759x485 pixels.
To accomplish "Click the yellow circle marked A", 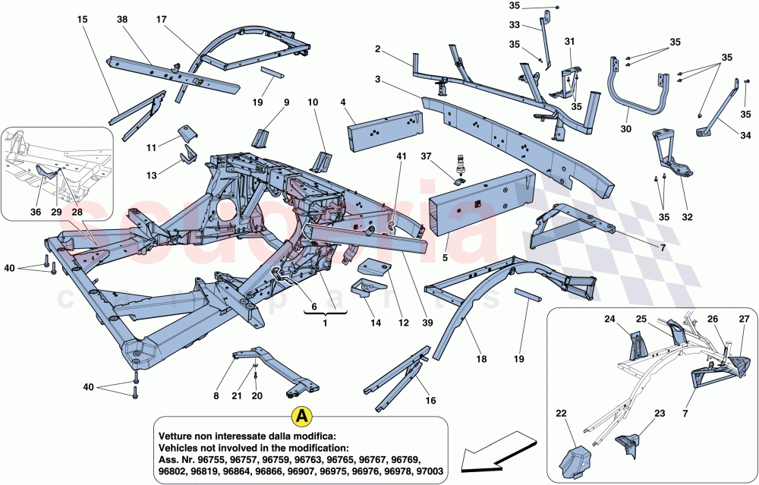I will tap(301, 416).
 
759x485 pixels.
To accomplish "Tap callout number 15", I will tap(82, 18).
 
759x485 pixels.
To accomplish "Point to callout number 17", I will tap(161, 18).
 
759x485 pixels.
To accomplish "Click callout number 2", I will tap(376, 49).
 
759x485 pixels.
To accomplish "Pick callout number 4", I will tap(343, 101).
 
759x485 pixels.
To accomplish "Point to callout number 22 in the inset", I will tap(561, 414).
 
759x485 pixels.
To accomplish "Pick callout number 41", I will tap(401, 156).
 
